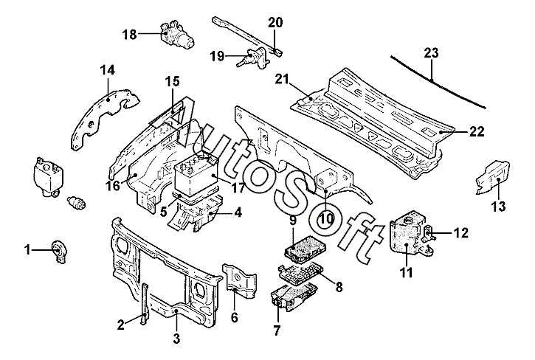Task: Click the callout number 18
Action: coord(129,34)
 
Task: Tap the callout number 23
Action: coord(431,53)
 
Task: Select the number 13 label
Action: coord(498,206)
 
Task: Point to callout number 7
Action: coord(277,330)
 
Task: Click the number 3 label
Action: coord(176,338)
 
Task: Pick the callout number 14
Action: coord(108,70)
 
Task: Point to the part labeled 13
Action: coord(494,178)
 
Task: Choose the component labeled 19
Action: coord(253,58)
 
